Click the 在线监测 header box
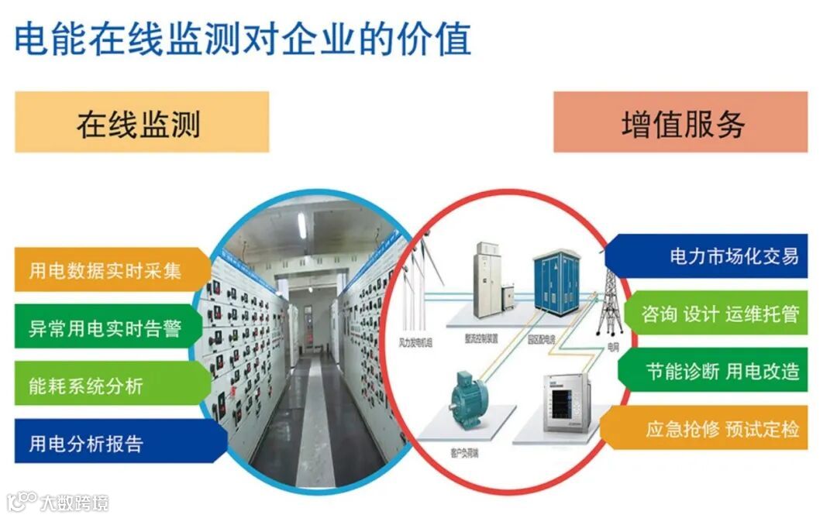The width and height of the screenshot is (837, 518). click(142, 122)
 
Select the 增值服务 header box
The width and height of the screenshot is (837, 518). click(680, 122)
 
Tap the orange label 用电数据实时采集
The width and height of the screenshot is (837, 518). click(108, 270)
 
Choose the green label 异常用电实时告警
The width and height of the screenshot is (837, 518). click(108, 328)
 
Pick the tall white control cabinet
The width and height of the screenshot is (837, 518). click(484, 277)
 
